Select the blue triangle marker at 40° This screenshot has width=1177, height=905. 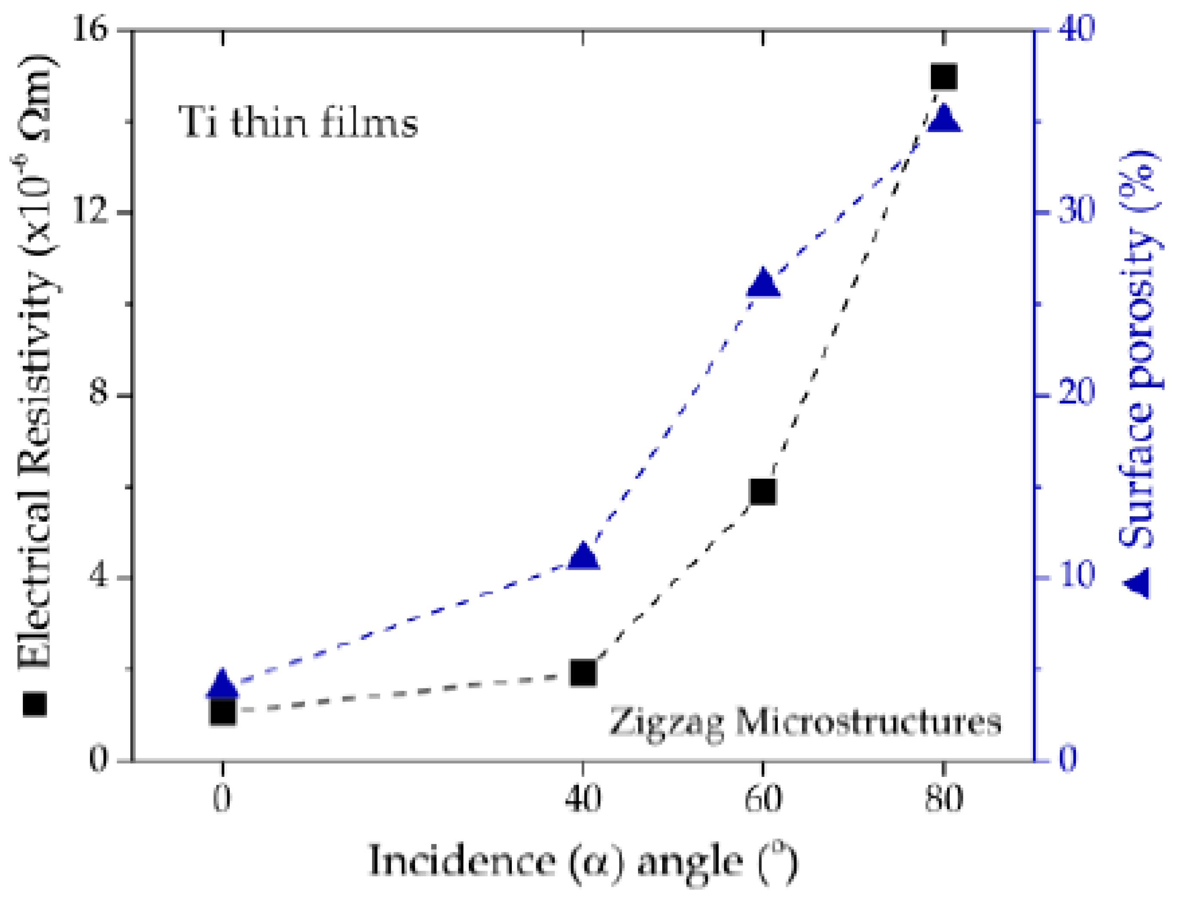[x=582, y=557]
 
